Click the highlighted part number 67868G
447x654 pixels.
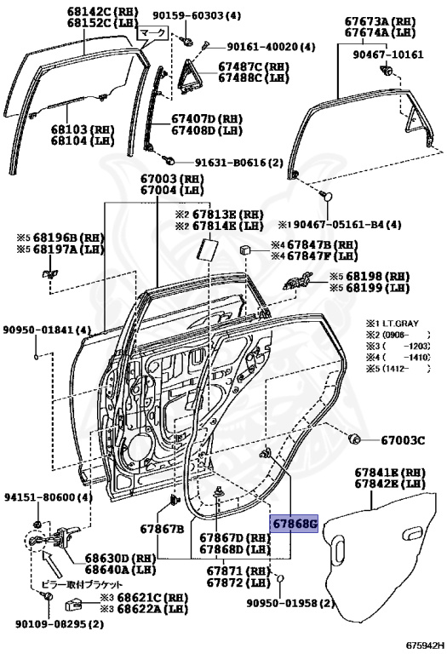[294, 523]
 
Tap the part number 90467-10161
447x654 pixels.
[387, 54]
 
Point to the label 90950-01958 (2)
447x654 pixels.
[289, 603]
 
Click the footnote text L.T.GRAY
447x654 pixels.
[404, 324]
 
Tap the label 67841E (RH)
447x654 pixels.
[390, 472]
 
